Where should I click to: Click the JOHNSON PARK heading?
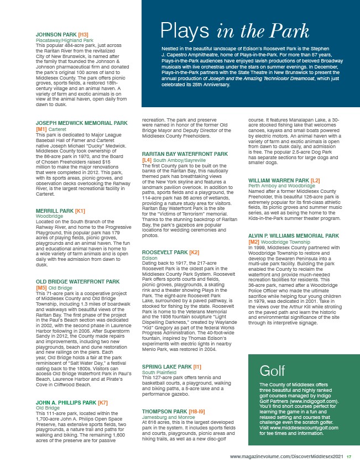(x=56, y=34)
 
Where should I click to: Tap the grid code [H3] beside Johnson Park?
(x=84, y=34)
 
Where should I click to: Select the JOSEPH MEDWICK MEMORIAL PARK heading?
(x=81, y=122)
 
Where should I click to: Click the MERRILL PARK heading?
(x=55, y=211)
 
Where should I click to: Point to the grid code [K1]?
(x=80, y=211)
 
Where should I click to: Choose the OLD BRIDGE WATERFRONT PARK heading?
(x=77, y=282)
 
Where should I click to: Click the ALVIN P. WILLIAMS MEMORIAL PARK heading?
(x=293, y=235)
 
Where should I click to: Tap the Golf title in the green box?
(x=272, y=338)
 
